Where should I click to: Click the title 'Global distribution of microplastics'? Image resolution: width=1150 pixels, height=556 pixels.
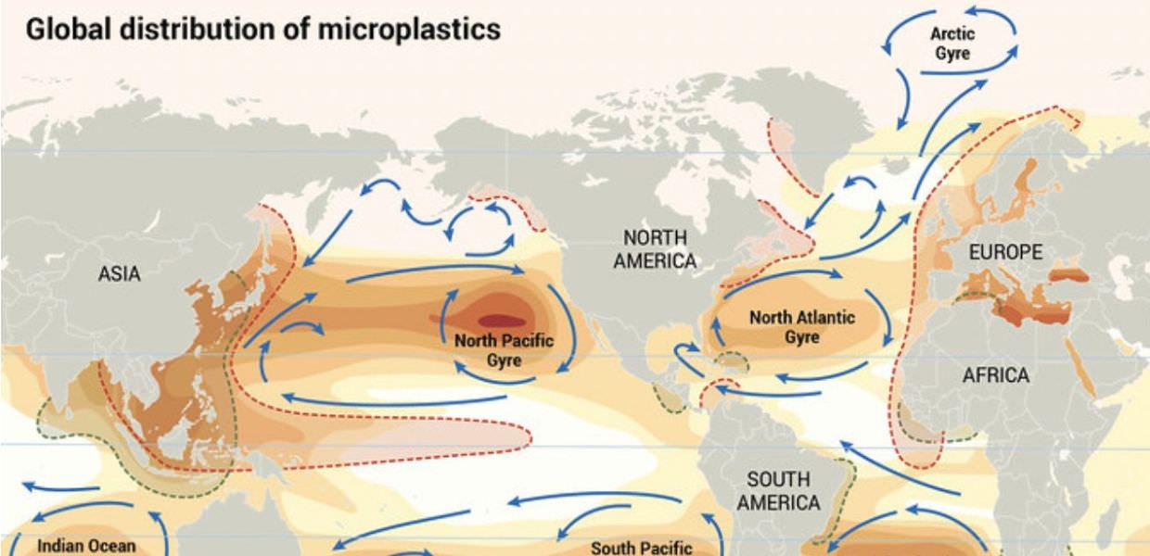[x=262, y=29]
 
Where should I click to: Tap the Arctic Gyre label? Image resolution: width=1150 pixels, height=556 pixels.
[x=953, y=44]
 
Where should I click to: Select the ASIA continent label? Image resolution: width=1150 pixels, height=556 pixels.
[x=120, y=273]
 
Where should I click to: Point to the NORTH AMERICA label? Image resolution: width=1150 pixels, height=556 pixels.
[x=654, y=249]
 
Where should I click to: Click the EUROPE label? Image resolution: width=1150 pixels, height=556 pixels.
[x=1005, y=252]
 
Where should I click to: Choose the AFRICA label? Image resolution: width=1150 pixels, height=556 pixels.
[x=995, y=375]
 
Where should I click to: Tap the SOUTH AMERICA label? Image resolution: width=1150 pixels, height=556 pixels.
[x=777, y=491]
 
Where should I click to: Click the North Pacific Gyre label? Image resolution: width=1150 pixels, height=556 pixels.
[x=504, y=349]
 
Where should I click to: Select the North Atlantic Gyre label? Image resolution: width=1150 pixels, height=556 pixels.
[x=802, y=327]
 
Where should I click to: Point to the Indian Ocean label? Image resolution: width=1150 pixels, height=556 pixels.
[x=86, y=546]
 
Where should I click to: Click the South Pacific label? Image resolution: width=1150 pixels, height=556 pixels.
[x=641, y=548]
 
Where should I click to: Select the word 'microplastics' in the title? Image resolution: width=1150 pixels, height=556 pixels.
[x=409, y=29]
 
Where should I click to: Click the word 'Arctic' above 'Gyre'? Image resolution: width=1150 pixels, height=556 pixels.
[x=953, y=34]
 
